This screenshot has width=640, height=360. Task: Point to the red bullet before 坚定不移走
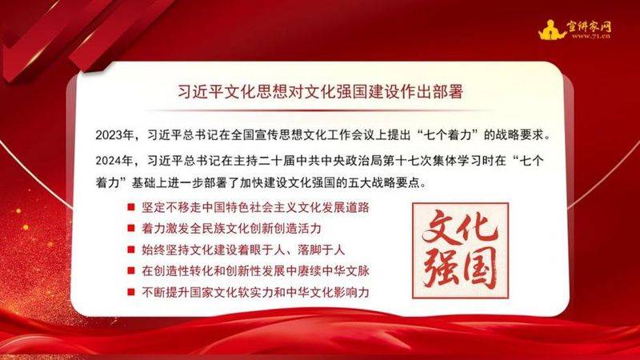pyautogui.click(x=130, y=207)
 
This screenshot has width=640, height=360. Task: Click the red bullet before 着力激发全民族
pyautogui.click(x=130, y=228)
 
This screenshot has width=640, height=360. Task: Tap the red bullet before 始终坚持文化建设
pyautogui.click(x=130, y=249)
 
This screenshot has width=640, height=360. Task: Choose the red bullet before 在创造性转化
pyautogui.click(x=130, y=270)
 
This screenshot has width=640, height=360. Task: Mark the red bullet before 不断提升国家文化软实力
pyautogui.click(x=130, y=290)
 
